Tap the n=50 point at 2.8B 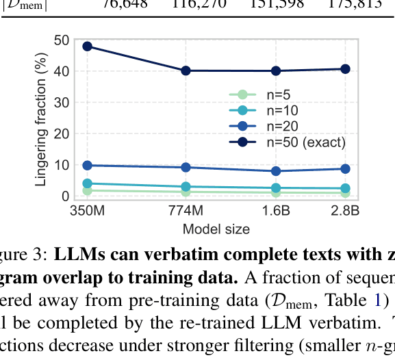tap(346, 69)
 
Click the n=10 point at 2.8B tap(346, 188)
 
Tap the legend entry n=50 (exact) tap(295, 142)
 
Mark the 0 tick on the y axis tap(65, 196)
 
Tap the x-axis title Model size tap(216, 229)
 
